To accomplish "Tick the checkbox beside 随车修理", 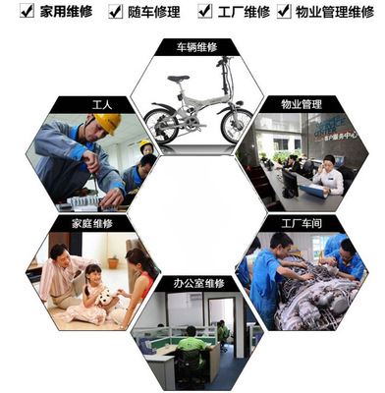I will point(109,11).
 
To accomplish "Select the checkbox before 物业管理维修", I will point(285,11).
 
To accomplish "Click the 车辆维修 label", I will point(192,46).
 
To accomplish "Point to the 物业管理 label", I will point(302,102).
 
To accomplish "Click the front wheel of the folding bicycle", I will point(235,124).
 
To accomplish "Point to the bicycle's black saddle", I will point(178,80).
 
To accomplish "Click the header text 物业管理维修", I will point(334,11).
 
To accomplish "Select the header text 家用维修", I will point(60,11).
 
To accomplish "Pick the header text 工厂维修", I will point(243,11).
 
